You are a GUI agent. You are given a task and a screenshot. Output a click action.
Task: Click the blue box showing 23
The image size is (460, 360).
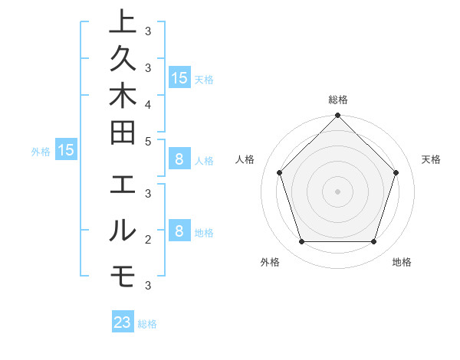click(x=123, y=322)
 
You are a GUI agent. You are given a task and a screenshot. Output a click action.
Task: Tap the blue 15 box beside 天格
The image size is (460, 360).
click(x=179, y=77)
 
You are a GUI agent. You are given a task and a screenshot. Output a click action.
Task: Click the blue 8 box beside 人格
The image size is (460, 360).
click(x=179, y=159)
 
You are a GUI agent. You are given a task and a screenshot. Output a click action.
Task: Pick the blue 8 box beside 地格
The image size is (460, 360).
click(x=179, y=231)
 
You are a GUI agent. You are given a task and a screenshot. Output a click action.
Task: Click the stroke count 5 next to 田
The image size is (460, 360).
click(x=148, y=141)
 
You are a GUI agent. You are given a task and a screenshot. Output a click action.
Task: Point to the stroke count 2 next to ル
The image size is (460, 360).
click(x=148, y=240)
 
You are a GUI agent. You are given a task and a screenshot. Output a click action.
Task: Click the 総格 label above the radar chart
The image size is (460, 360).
click(x=337, y=100)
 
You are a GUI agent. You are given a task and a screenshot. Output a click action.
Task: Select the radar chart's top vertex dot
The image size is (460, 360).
click(x=337, y=117)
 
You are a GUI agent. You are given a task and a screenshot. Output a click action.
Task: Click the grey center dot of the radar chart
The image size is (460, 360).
click(x=337, y=191)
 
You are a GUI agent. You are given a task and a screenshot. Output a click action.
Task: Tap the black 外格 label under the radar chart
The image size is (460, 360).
click(x=270, y=262)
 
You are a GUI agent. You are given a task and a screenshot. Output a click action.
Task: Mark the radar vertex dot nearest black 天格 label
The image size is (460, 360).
click(x=396, y=172)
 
